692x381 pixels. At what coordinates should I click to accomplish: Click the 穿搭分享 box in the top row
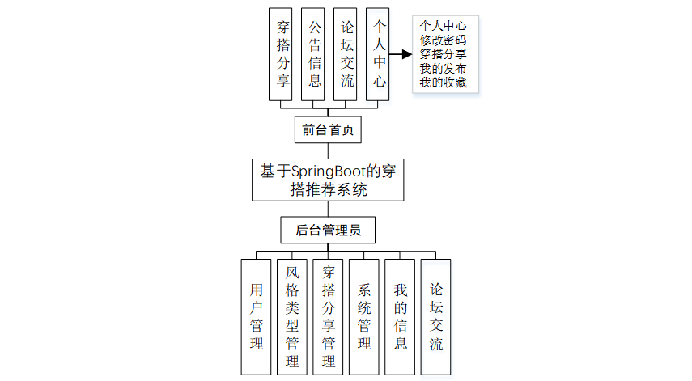click(283, 55)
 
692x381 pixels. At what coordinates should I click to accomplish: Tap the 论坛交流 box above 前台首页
click(347, 55)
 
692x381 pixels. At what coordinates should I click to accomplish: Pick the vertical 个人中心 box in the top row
click(379, 55)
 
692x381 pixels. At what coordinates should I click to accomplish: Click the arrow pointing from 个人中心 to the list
click(401, 55)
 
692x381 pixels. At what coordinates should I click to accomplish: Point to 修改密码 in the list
click(443, 40)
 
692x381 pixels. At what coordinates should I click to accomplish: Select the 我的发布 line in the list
click(443, 69)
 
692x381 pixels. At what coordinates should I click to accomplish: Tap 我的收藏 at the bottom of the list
click(443, 83)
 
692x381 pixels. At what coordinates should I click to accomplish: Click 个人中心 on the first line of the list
click(443, 26)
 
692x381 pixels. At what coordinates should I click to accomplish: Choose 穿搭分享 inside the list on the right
click(443, 54)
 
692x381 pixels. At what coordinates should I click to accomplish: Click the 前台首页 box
click(328, 129)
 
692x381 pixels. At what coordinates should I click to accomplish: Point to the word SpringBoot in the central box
click(325, 171)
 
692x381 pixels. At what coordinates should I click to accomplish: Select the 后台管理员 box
click(328, 231)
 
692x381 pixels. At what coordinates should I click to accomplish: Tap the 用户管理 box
click(257, 316)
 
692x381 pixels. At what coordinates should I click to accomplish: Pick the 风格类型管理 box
click(292, 316)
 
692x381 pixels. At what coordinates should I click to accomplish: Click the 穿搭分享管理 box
click(329, 316)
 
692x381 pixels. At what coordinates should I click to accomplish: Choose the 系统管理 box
click(364, 316)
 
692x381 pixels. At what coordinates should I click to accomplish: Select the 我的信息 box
click(400, 316)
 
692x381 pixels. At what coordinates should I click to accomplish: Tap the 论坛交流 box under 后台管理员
click(436, 316)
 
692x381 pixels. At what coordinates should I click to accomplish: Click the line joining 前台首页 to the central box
click(328, 150)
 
